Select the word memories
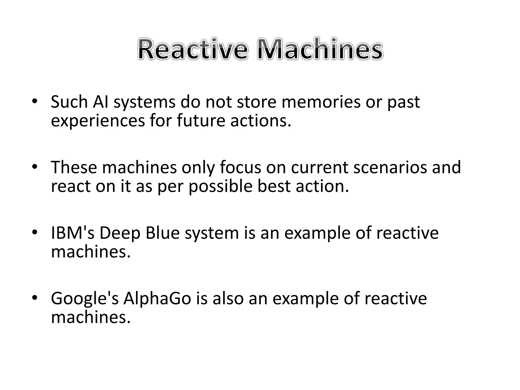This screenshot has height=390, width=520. click(x=321, y=102)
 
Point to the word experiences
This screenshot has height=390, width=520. click(x=98, y=121)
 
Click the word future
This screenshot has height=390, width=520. click(x=201, y=121)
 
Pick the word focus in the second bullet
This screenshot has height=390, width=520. click(x=240, y=168)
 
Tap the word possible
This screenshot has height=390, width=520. click(x=220, y=187)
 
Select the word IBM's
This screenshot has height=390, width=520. click(x=73, y=233)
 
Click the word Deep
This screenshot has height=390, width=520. click(x=120, y=233)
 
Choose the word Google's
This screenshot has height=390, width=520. click(x=85, y=299)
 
